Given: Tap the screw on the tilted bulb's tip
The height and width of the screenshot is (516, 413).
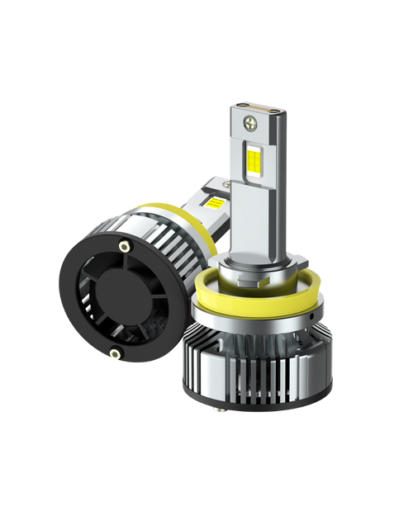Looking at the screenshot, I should pyautogui.click(x=216, y=179).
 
